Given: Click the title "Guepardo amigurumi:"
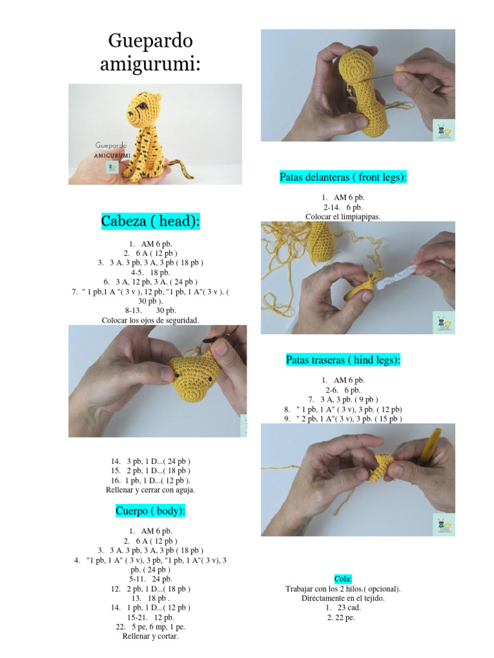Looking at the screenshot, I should tap(151, 53).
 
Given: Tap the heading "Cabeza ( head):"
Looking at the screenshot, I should tap(151, 222).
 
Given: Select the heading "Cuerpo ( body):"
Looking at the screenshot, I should tap(151, 511).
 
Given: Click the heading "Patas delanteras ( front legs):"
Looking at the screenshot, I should tap(343, 177).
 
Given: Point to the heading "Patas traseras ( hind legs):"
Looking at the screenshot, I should tap(343, 360).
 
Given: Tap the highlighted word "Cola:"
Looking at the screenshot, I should tap(343, 579).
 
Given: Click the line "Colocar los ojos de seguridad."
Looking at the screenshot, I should tap(151, 320).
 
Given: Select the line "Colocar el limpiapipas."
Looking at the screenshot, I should tap(343, 217).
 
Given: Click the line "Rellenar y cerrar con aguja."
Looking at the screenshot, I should tap(151, 490).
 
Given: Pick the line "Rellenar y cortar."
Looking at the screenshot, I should tap(151, 636).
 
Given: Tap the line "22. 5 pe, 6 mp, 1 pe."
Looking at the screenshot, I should tap(151, 627).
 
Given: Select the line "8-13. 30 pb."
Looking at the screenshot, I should tap(151, 310).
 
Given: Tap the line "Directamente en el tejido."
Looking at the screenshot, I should tap(343, 598).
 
